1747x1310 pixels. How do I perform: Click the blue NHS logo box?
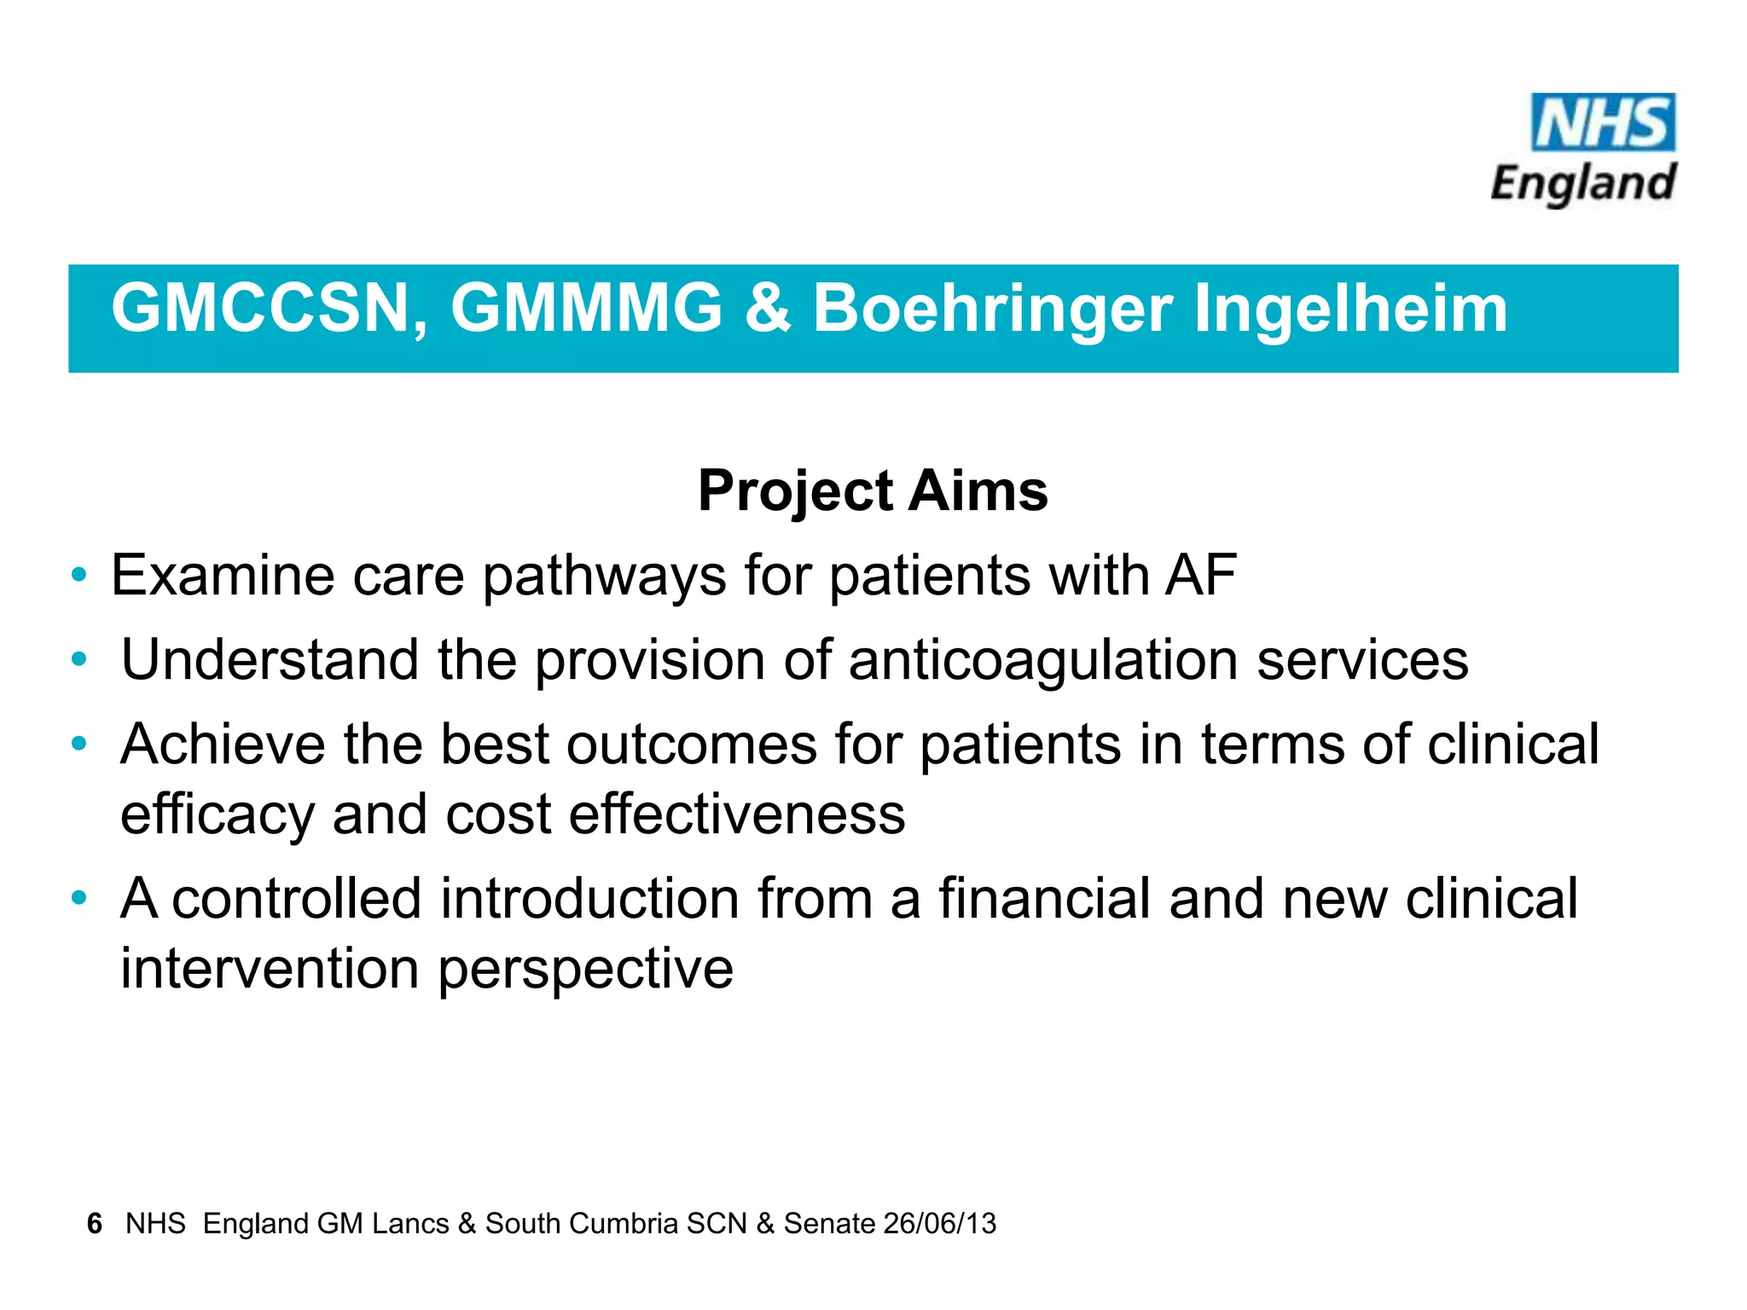(x=1603, y=123)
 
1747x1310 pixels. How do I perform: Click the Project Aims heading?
(x=873, y=491)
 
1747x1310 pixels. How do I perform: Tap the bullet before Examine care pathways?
(x=79, y=575)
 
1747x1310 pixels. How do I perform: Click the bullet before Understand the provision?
(x=79, y=659)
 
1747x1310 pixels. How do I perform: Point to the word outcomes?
(x=692, y=745)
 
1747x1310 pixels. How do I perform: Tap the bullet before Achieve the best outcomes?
(x=79, y=744)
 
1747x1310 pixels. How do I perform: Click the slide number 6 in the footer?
(x=95, y=1224)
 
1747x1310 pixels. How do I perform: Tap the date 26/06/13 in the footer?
(x=940, y=1224)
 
